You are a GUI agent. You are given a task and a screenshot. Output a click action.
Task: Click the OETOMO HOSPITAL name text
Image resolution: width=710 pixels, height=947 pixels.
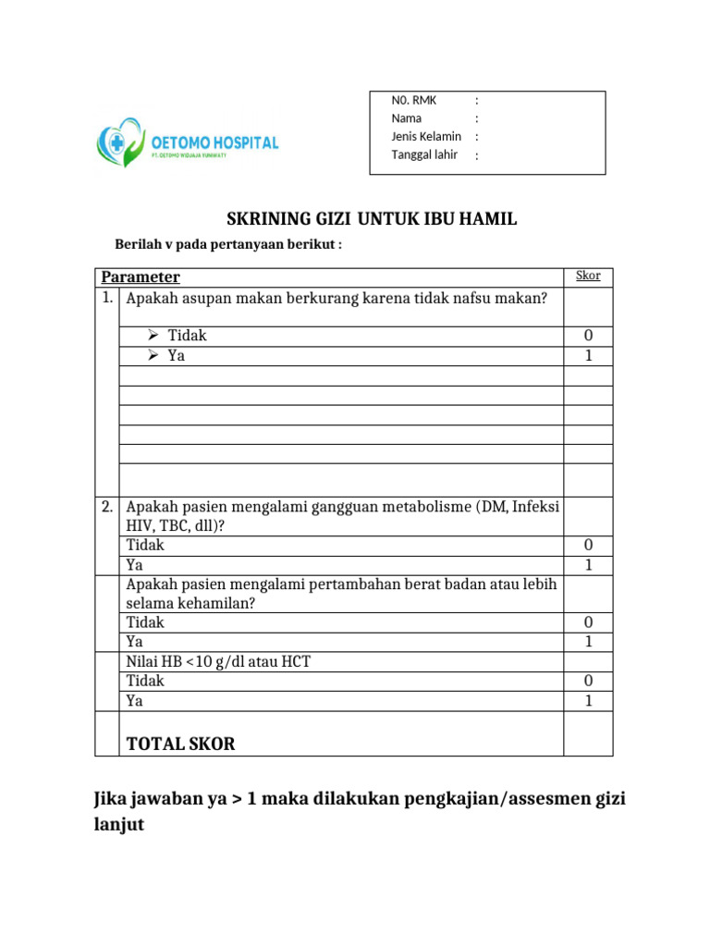[x=214, y=142]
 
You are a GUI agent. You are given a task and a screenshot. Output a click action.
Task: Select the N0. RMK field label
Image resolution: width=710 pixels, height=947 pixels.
[x=414, y=100]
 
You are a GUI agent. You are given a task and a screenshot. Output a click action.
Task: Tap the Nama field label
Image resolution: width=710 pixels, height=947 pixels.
[x=407, y=118]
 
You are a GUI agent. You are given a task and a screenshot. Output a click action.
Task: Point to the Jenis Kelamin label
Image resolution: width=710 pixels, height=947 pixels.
[x=426, y=136]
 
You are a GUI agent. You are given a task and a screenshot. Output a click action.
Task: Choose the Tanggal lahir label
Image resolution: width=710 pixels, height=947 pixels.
[x=424, y=154]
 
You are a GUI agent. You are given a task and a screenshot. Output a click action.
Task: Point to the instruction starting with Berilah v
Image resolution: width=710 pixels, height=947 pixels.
[x=227, y=244]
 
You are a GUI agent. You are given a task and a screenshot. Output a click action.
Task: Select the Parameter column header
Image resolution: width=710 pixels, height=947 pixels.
[x=141, y=277]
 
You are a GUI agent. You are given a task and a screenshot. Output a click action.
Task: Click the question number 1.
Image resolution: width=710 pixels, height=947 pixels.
[x=107, y=298]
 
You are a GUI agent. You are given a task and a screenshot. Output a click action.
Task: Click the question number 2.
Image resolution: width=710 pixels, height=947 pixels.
[x=107, y=506]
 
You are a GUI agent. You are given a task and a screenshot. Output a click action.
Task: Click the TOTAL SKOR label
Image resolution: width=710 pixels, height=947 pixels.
[x=180, y=744]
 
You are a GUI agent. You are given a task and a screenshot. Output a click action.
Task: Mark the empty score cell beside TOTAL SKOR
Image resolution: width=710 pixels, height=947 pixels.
[x=588, y=733]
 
